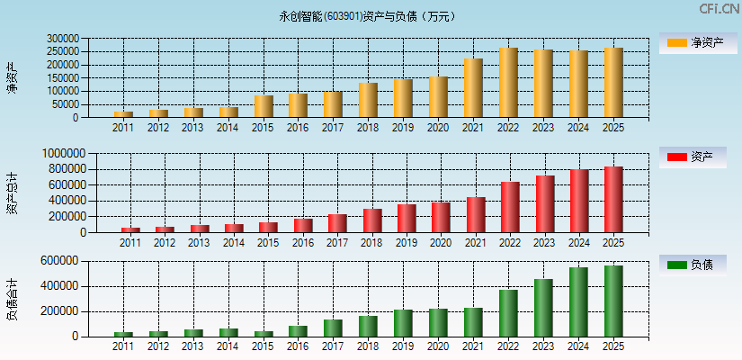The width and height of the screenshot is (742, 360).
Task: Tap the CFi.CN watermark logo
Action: (x=719, y=9)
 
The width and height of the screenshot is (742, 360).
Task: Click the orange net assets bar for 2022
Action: (x=508, y=83)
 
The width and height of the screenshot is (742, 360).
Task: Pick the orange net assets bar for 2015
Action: (x=264, y=106)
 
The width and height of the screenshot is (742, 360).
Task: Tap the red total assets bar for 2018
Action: (x=372, y=220)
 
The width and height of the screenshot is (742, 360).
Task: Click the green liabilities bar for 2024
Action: (x=578, y=302)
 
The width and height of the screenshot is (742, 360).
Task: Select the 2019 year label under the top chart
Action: (x=403, y=128)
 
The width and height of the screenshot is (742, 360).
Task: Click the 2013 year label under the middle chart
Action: (x=200, y=243)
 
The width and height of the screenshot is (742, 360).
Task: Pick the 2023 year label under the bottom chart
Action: (x=543, y=346)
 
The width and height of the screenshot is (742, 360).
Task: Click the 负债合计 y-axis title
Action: (x=12, y=300)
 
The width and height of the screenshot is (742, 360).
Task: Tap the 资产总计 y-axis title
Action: (x=12, y=193)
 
